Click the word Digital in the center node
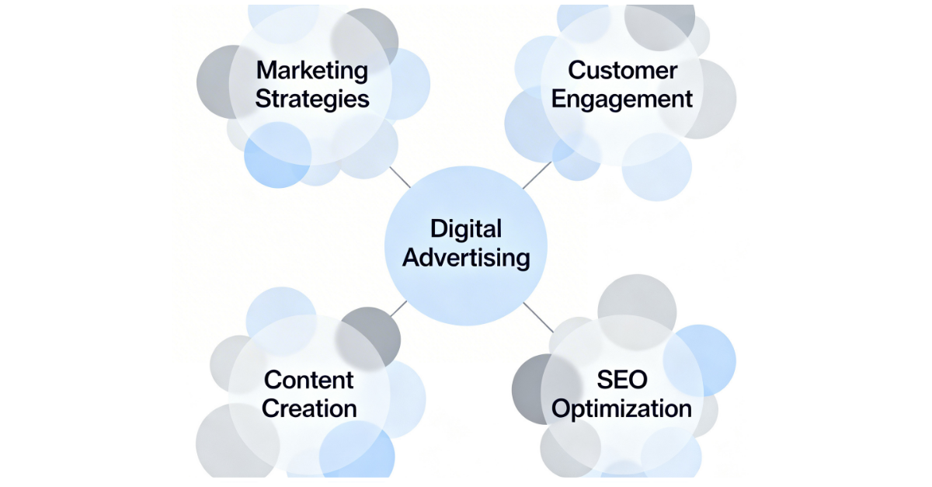click(x=466, y=229)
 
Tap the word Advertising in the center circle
click(x=466, y=258)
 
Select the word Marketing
click(x=312, y=70)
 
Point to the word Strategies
click(x=312, y=99)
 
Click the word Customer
click(x=622, y=70)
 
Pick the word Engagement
click(x=622, y=99)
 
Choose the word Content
click(x=309, y=380)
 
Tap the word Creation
click(x=309, y=409)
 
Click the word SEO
click(x=622, y=380)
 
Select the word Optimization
click(x=622, y=409)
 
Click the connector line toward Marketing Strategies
click(x=400, y=178)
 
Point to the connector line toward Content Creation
click(x=398, y=308)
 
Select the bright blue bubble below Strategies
click(x=272, y=159)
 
